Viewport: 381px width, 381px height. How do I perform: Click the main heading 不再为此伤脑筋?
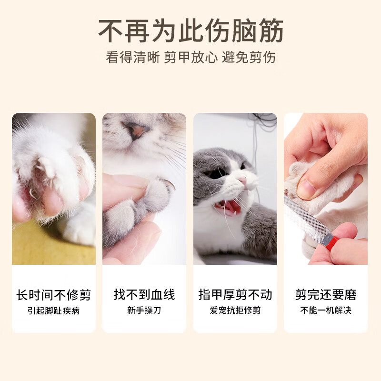pyautogui.click(x=190, y=31)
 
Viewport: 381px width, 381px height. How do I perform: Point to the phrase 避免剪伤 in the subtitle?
pyautogui.click(x=249, y=57)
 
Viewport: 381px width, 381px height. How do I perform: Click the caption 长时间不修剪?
pyautogui.click(x=53, y=295)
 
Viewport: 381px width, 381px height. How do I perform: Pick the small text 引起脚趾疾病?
pyautogui.click(x=53, y=311)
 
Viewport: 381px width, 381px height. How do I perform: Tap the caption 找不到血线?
pyautogui.click(x=144, y=295)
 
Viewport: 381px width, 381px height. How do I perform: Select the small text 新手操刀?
pyautogui.click(x=144, y=311)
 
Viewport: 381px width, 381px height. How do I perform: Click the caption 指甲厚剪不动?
pyautogui.click(x=235, y=295)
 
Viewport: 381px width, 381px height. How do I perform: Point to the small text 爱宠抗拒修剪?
pyautogui.click(x=235, y=311)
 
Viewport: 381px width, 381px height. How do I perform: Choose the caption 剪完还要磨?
pyautogui.click(x=326, y=295)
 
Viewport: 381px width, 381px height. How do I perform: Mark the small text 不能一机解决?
pyautogui.click(x=326, y=311)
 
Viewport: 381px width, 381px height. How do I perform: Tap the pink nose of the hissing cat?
pyautogui.click(x=243, y=181)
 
